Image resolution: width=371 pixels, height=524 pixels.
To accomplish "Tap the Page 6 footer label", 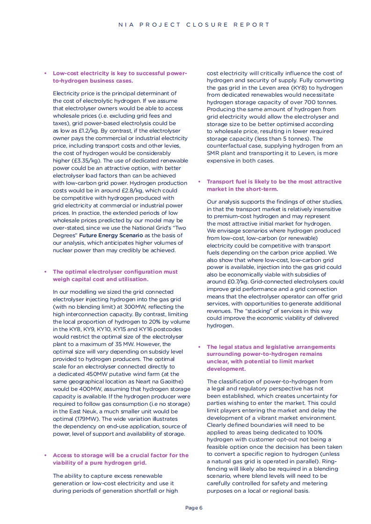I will pyautogui.click(x=194, y=508).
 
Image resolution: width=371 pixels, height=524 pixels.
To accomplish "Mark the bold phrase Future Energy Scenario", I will pyautogui.click(x=111, y=235).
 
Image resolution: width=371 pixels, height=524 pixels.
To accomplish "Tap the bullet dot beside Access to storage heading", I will pyautogui.click(x=45, y=455).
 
